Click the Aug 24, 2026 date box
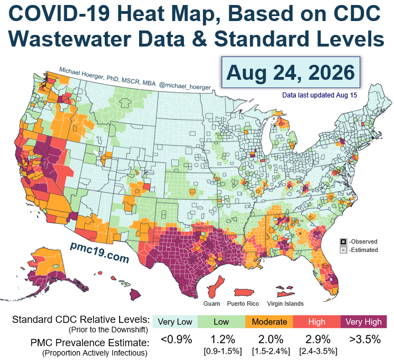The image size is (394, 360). pyautogui.click(x=291, y=73)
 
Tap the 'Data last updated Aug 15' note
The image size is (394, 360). pyautogui.click(x=319, y=95)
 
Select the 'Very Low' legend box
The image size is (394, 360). pyautogui.click(x=175, y=322)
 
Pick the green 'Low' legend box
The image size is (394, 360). pyautogui.click(x=221, y=322)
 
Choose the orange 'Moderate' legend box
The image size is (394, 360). pyautogui.click(x=269, y=322)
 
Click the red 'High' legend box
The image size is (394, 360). pyautogui.click(x=317, y=322)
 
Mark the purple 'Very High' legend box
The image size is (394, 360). pyautogui.click(x=364, y=322)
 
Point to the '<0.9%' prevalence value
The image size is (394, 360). pyautogui.click(x=176, y=340)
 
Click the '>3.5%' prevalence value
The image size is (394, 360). pyautogui.click(x=365, y=340)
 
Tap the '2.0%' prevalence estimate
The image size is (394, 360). pyautogui.click(x=271, y=340)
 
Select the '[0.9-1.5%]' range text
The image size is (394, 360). pyautogui.click(x=223, y=351)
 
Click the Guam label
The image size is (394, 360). pyautogui.click(x=212, y=304)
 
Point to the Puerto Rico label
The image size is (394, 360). pyautogui.click(x=243, y=304)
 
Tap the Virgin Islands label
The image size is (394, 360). pyautogui.click(x=285, y=304)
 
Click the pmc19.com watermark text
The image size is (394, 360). pyautogui.click(x=100, y=252)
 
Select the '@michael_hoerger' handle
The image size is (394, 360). pyautogui.click(x=185, y=86)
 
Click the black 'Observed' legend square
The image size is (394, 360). pyautogui.click(x=343, y=241)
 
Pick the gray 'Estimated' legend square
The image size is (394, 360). pyautogui.click(x=343, y=250)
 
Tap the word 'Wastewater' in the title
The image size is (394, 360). pyautogui.click(x=70, y=39)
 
